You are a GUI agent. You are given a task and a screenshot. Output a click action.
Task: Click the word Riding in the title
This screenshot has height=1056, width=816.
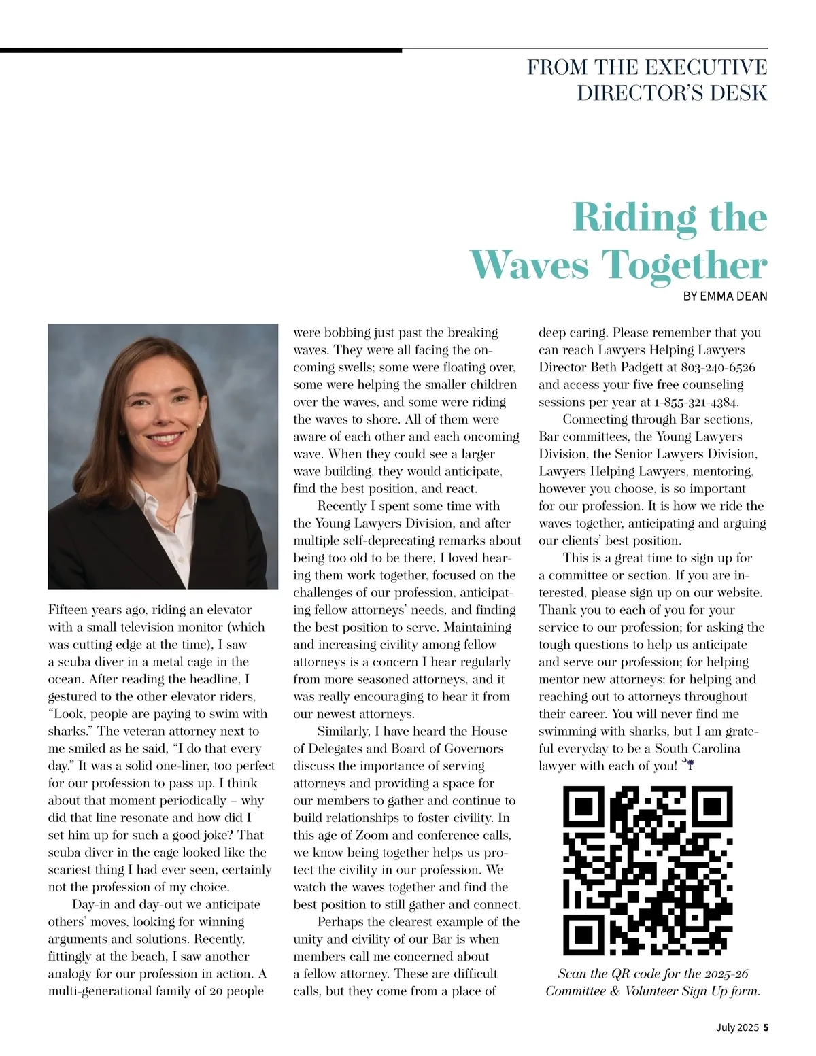pyautogui.click(x=634, y=218)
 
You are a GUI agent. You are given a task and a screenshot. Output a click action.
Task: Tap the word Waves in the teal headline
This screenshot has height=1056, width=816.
pyautogui.click(x=529, y=265)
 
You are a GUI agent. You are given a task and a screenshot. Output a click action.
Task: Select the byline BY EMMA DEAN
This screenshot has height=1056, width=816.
pyautogui.click(x=725, y=296)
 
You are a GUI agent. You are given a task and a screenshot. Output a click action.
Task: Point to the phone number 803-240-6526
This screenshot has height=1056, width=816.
pyautogui.click(x=718, y=367)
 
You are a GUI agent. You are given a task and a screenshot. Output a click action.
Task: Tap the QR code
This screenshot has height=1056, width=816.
pyautogui.click(x=648, y=870)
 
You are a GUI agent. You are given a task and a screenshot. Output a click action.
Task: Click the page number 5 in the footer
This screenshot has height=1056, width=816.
pyautogui.click(x=766, y=1027)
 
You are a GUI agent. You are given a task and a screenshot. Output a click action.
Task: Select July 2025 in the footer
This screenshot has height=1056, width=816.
pyautogui.click(x=736, y=1027)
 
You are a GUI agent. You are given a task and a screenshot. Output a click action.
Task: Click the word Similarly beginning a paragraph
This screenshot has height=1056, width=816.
pyautogui.click(x=343, y=731)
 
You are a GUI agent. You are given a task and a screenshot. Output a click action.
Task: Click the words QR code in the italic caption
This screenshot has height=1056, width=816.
pyautogui.click(x=641, y=974)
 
